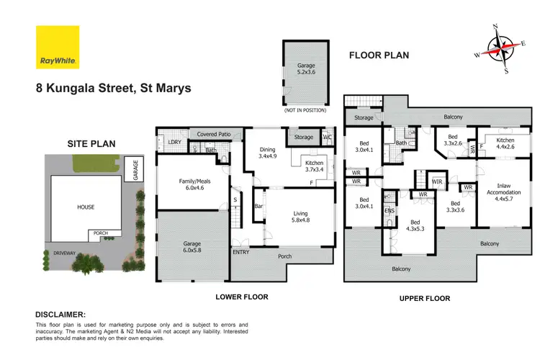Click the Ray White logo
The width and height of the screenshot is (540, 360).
tap(57, 48)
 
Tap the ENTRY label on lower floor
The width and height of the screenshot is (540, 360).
tap(240, 253)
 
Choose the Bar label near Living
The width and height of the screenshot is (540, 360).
tap(258, 207)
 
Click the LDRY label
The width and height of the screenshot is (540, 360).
tap(174, 143)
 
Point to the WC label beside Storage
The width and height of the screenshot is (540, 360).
tap(328, 136)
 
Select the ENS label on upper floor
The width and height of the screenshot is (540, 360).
tap(390, 210)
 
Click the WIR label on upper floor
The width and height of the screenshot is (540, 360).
tap(436, 182)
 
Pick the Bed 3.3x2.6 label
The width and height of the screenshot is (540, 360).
tap(452, 140)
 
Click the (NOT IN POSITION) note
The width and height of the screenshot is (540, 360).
tap(306, 110)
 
